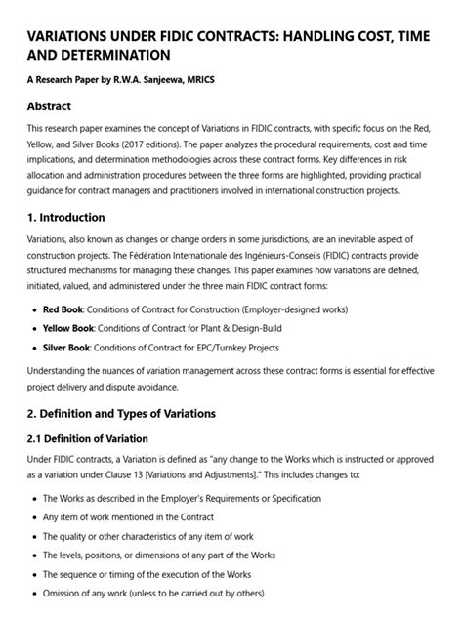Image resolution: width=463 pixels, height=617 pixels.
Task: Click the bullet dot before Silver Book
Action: coord(34,348)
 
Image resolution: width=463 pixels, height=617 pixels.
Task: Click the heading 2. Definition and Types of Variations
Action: coord(121,413)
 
